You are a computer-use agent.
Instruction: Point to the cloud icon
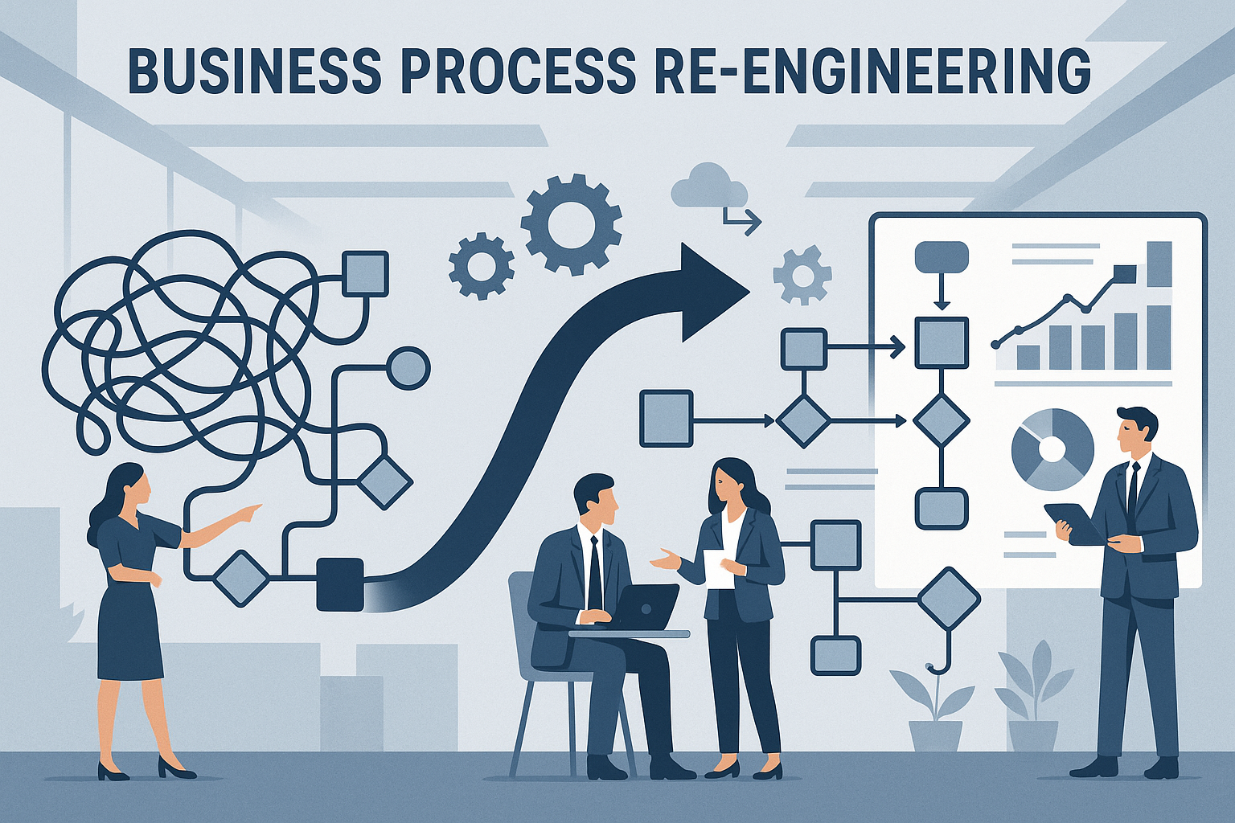pyautogui.click(x=708, y=187)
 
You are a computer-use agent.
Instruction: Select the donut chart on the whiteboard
pyautogui.click(x=1052, y=449)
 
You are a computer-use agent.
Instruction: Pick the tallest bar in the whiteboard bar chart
pyautogui.click(x=1159, y=263)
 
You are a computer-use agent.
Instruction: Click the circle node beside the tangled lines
pyautogui.click(x=408, y=369)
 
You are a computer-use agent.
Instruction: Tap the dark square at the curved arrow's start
pyautogui.click(x=340, y=584)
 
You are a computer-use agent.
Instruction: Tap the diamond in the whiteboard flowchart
pyautogui.click(x=942, y=420)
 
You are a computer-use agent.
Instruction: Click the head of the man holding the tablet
pyautogui.click(x=1136, y=432)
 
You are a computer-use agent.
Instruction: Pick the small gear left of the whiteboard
pyautogui.click(x=802, y=276)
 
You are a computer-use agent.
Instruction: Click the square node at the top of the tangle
pyautogui.click(x=365, y=273)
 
